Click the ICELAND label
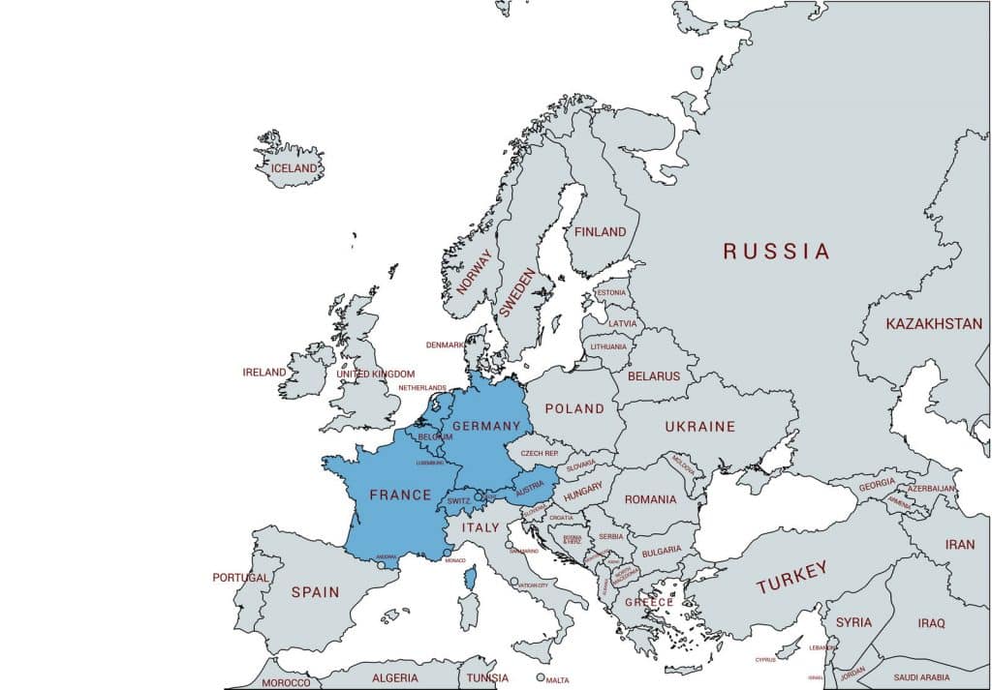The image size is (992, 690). (x=294, y=168)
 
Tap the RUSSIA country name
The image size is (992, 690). (x=776, y=252)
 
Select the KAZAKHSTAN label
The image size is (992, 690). (x=933, y=324)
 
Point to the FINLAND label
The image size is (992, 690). (x=600, y=232)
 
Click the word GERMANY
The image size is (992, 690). (x=486, y=427)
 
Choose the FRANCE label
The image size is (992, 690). (x=400, y=495)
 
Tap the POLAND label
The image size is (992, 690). (x=573, y=409)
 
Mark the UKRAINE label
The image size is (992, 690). (x=699, y=427)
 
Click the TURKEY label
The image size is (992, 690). (x=791, y=578)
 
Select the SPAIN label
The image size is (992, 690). (x=315, y=592)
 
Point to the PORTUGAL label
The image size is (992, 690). (x=241, y=578)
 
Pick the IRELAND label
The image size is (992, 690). (x=264, y=373)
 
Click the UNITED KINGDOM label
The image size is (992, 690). (x=375, y=375)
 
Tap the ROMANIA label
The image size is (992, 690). (x=650, y=500)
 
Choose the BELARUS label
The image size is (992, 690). (x=654, y=375)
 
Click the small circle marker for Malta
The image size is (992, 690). (x=541, y=677)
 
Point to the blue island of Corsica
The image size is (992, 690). (x=471, y=579)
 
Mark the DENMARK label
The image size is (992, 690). (x=445, y=345)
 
